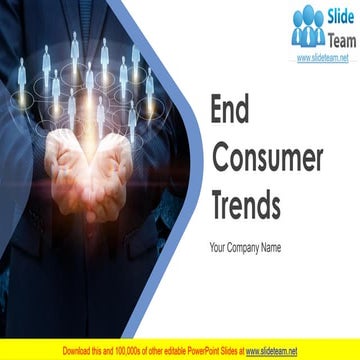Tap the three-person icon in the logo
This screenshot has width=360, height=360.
click(x=307, y=27)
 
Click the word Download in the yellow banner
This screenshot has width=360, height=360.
click(x=80, y=351)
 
